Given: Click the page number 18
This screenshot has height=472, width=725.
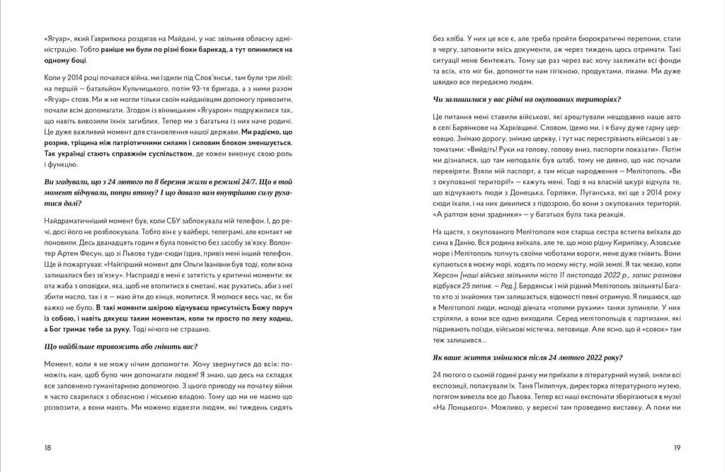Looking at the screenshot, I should [x=47, y=447].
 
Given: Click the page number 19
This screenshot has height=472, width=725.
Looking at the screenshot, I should [x=677, y=447].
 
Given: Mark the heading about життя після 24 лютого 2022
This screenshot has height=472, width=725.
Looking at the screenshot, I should [x=527, y=357].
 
